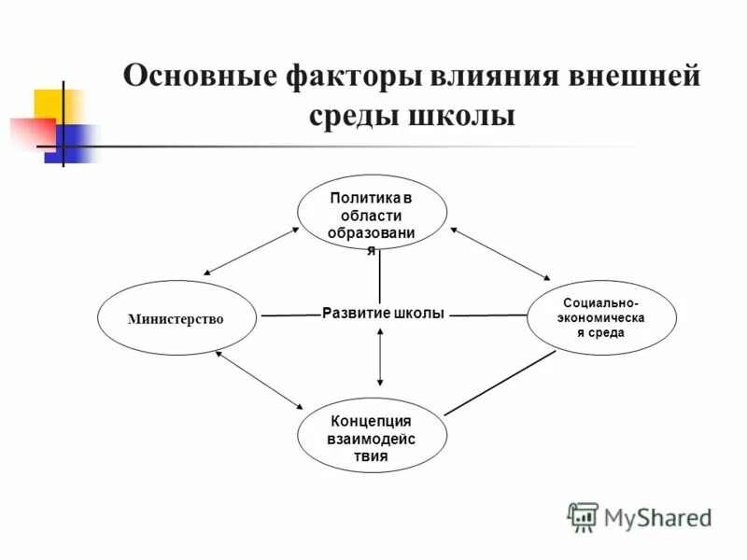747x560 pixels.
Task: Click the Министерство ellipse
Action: [x=176, y=318]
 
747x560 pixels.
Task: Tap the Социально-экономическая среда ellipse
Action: [x=601, y=319]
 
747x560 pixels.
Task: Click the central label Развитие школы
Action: [x=382, y=314]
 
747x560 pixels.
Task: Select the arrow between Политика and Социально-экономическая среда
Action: [x=500, y=253]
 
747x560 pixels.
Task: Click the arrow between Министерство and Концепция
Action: [x=260, y=380]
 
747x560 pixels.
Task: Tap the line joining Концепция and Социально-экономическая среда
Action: [x=500, y=383]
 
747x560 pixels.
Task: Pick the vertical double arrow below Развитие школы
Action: [x=380, y=357]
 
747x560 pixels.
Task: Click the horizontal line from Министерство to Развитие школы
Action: [x=289, y=315]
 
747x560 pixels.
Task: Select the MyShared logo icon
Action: [x=583, y=516]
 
